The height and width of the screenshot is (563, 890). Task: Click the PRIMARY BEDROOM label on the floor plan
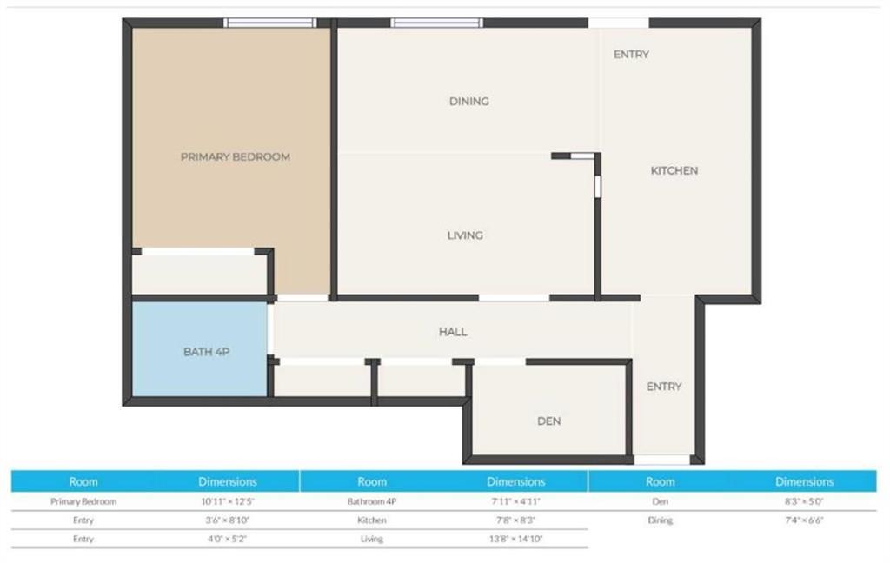235,156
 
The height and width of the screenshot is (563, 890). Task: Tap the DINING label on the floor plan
468,101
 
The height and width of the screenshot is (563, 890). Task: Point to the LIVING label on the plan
465,235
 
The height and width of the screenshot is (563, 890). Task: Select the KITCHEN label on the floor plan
674,170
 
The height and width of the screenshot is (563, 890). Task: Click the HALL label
453,331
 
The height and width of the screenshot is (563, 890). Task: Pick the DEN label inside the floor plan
549,421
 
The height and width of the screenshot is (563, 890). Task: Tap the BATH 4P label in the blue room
206,352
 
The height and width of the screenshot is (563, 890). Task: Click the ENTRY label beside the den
663,387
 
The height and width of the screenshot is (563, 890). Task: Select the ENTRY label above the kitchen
631,55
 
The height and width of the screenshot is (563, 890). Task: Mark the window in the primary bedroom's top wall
269,23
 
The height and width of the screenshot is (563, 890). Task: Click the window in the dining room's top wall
436,23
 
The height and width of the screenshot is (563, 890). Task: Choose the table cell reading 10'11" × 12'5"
228,501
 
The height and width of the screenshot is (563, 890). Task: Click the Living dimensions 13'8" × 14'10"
516,539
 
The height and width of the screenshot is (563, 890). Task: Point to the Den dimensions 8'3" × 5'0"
804,501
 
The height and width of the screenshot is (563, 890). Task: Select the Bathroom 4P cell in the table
372,501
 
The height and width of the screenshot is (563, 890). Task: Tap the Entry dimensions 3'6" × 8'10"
228,520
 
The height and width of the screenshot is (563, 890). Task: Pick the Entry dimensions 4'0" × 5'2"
228,539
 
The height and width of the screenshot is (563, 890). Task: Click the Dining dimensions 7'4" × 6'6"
804,520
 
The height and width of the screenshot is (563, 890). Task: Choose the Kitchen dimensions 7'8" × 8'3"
516,520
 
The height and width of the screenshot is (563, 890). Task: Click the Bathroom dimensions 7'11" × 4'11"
516,501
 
